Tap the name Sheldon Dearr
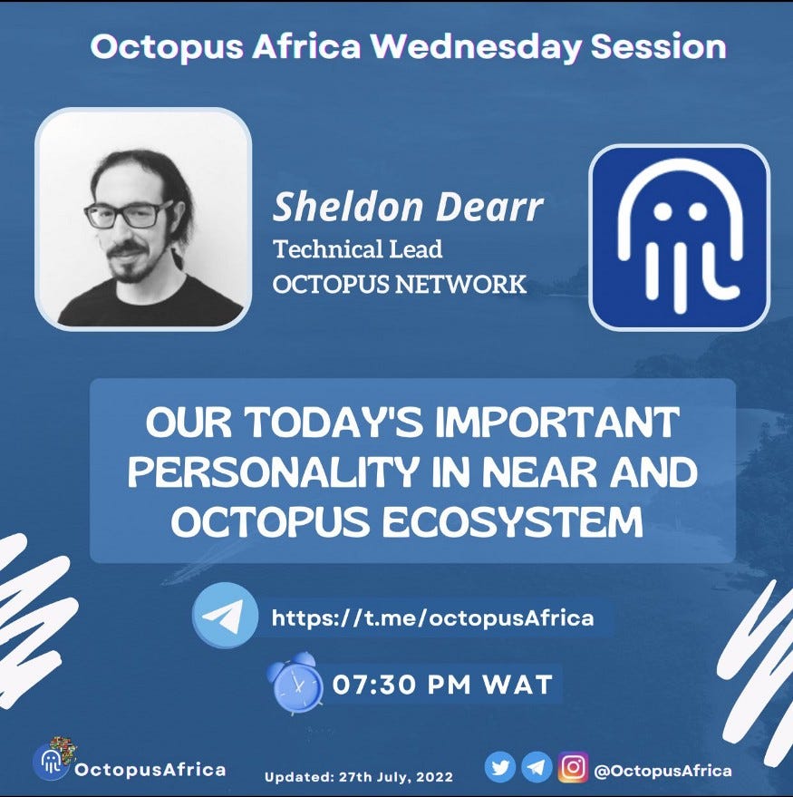click(x=408, y=207)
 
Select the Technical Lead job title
click(x=358, y=249)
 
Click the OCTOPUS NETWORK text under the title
click(x=400, y=284)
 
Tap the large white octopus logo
click(x=679, y=236)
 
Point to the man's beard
click(x=131, y=264)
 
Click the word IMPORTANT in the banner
click(x=557, y=423)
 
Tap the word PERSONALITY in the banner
click(x=271, y=472)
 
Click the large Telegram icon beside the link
click(x=225, y=615)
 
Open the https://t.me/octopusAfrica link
click(x=433, y=618)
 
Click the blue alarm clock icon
click(x=296, y=683)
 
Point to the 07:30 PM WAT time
click(x=442, y=685)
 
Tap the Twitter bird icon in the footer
click(x=500, y=767)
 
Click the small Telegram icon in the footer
click(x=537, y=767)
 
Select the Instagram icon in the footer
click(x=573, y=767)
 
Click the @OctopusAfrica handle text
click(x=663, y=771)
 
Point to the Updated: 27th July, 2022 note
click(x=359, y=777)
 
